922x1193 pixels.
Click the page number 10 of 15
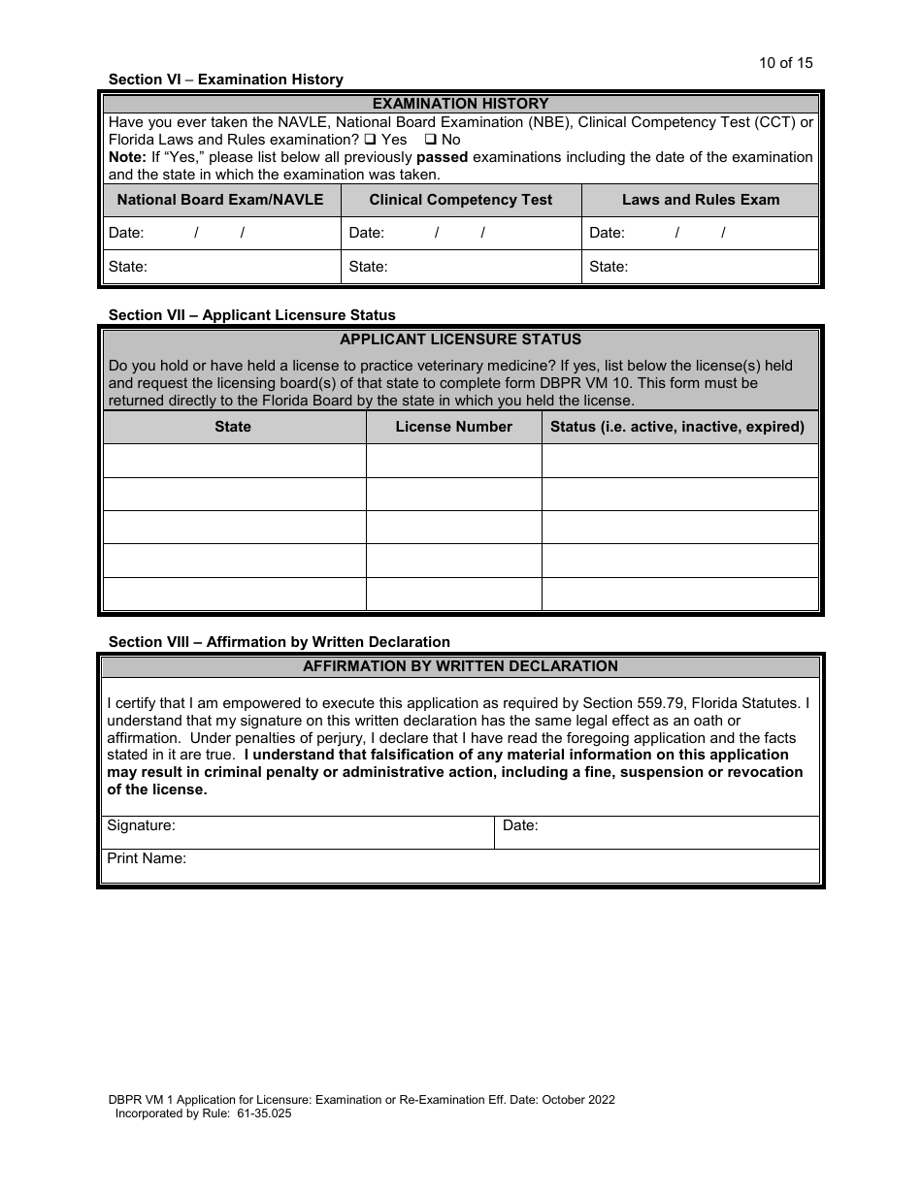(785, 63)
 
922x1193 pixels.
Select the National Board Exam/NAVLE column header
(220, 200)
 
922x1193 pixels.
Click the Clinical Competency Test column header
(460, 200)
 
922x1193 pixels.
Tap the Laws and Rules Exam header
(700, 200)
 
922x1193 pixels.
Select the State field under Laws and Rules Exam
(718, 267)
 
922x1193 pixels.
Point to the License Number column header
(453, 427)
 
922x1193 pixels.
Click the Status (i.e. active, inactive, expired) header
(677, 427)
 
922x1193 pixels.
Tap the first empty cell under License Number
(453, 461)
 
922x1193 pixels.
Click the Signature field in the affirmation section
(330, 833)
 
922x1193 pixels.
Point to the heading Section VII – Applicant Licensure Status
(251, 315)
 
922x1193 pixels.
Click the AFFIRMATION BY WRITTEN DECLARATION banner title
(460, 666)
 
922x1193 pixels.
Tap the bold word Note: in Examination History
(126, 157)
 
